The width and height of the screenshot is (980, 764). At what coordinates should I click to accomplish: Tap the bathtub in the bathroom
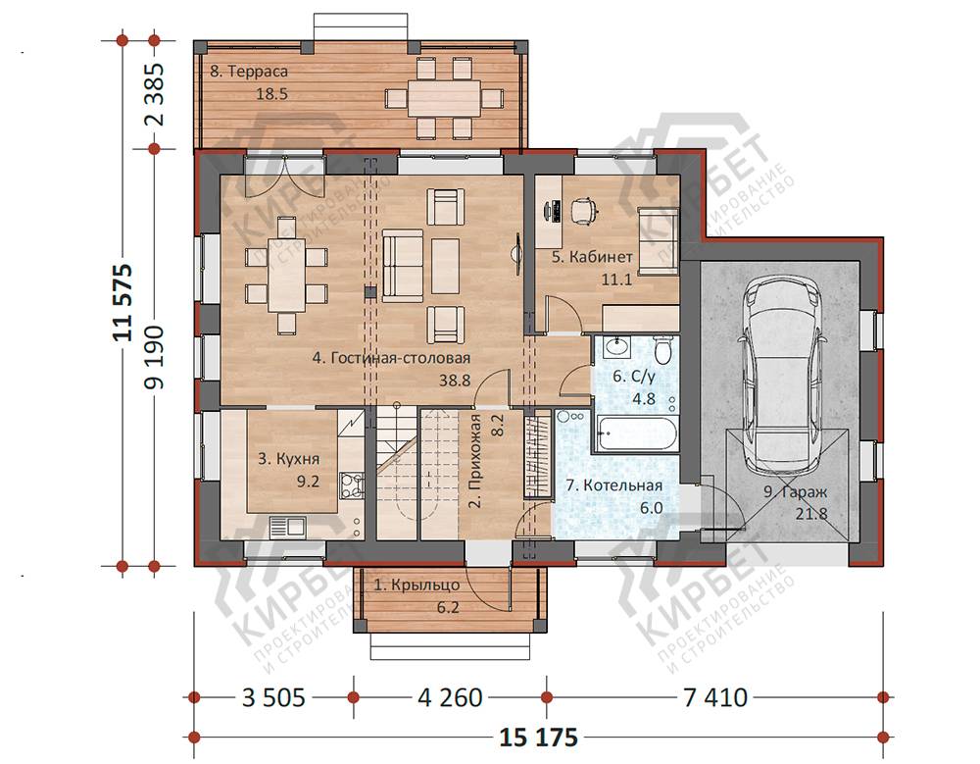(x=637, y=433)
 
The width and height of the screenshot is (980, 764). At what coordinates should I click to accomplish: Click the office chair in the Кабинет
(x=583, y=209)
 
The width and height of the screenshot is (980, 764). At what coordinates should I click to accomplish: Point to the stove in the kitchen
(x=351, y=484)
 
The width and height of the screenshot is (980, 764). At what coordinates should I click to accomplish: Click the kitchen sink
(x=287, y=527)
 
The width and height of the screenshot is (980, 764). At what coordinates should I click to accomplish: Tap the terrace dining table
(x=444, y=98)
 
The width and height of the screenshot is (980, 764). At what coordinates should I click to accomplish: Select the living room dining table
(x=287, y=274)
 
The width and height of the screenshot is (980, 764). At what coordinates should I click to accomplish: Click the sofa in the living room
(x=403, y=266)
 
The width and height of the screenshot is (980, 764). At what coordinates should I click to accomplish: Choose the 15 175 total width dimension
(x=538, y=738)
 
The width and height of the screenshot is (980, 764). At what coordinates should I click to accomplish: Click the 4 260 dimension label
(x=450, y=697)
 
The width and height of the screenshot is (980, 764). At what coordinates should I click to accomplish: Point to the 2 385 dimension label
(x=155, y=94)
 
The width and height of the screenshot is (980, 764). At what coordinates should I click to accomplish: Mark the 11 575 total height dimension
(x=122, y=302)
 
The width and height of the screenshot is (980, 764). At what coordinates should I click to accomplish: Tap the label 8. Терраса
(x=249, y=72)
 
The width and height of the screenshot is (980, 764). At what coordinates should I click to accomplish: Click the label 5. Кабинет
(x=593, y=257)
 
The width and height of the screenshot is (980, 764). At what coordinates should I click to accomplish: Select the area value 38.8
(x=455, y=380)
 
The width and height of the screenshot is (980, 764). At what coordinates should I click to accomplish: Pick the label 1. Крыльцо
(x=416, y=586)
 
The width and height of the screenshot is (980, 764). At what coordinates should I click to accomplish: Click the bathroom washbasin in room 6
(x=618, y=345)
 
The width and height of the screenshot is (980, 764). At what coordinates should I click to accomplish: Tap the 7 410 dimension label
(x=715, y=697)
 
